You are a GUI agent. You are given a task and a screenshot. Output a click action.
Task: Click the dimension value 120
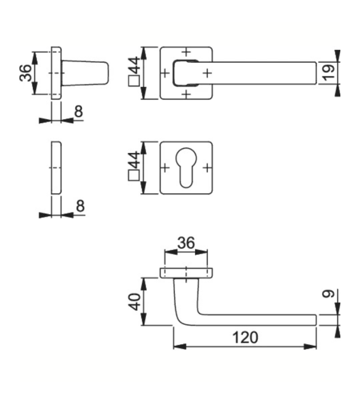(x=245, y=337)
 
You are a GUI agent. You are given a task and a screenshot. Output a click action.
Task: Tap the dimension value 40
(x=135, y=301)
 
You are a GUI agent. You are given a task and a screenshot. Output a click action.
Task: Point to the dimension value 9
(x=329, y=294)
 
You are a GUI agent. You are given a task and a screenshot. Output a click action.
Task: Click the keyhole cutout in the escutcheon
(x=186, y=168)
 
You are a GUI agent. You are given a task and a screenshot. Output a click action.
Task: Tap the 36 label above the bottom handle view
(x=186, y=243)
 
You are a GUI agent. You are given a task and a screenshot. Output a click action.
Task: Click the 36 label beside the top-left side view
(x=25, y=73)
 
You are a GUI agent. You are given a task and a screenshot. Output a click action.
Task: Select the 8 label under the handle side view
(x=78, y=111)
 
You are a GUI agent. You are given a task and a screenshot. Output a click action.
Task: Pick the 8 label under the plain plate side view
(x=80, y=206)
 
